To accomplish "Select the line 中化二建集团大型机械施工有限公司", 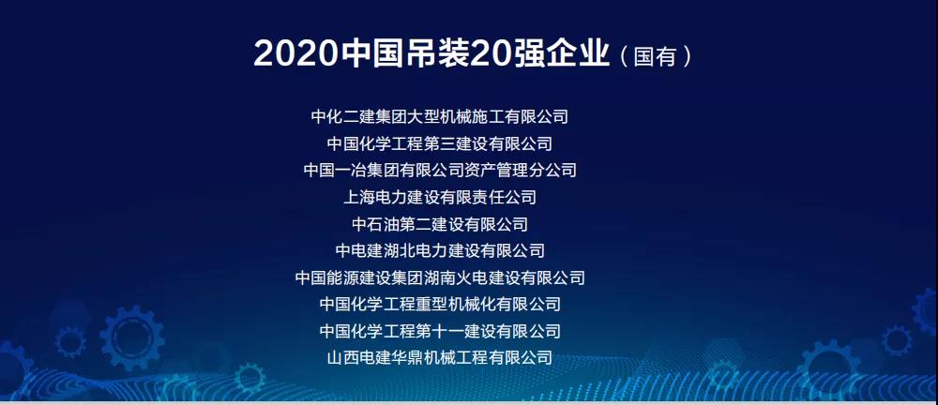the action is point(440,116).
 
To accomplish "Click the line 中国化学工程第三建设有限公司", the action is point(440,143).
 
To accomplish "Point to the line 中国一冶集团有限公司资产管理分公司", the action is point(440,170).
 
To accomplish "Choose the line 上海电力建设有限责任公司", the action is point(440,197).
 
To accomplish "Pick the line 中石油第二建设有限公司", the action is point(440,224).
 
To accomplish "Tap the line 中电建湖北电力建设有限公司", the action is point(440,250).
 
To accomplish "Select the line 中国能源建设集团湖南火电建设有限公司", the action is point(440,277).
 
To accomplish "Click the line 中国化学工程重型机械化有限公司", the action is point(440,304).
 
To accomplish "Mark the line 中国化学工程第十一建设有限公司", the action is point(440,331).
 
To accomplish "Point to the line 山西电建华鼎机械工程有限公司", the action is point(440,358).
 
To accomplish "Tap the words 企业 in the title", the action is point(578,53).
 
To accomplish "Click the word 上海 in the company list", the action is point(359,197).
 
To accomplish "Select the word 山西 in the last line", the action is point(343,358).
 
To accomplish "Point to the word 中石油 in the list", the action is point(376,224).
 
